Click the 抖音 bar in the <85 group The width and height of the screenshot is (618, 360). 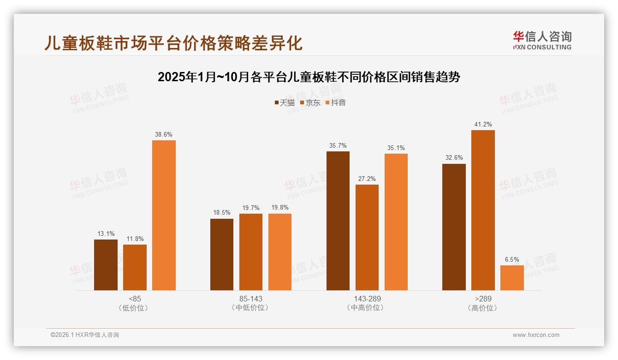click(x=164, y=215)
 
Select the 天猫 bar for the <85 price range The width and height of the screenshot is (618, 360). click(x=106, y=265)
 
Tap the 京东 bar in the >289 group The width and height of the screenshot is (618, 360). click(x=483, y=210)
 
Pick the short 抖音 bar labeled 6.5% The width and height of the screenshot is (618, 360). click(x=512, y=278)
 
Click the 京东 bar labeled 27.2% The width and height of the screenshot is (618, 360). click(x=367, y=237)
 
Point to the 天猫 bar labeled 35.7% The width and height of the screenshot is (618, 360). click(x=338, y=221)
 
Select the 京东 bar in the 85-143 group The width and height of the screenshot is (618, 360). click(x=250, y=252)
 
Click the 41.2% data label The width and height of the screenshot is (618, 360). click(x=483, y=125)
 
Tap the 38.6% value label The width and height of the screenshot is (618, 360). click(x=164, y=135)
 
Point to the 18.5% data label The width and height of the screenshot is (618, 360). click(x=221, y=213)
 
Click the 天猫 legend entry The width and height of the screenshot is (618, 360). click(x=285, y=103)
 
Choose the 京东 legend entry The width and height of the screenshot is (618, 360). click(x=310, y=103)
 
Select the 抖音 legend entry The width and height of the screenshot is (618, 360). click(x=336, y=103)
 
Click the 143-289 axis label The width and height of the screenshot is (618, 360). click(x=367, y=299)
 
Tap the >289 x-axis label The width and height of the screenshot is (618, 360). click(x=483, y=299)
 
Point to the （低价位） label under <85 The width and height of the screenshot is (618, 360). click(x=135, y=308)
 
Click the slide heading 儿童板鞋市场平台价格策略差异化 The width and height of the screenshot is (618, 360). click(x=173, y=43)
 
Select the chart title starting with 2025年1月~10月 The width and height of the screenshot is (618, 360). click(x=309, y=77)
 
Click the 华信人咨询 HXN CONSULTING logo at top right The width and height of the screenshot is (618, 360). click(x=542, y=41)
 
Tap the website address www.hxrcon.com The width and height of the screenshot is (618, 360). click(x=536, y=335)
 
